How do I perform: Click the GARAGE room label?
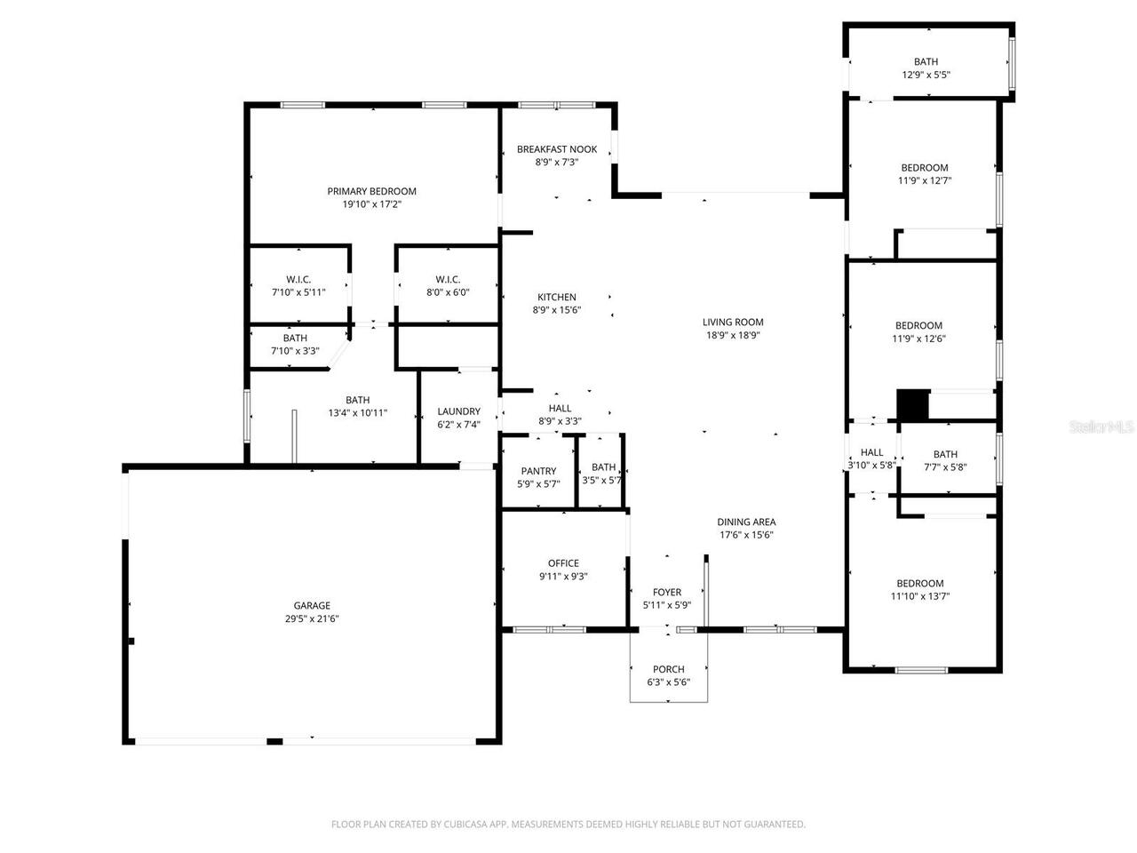click(312, 606)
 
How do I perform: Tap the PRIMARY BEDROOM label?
click(371, 191)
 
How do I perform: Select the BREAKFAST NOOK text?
click(557, 149)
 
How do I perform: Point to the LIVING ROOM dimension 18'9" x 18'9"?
click(733, 335)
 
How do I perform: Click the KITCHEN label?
click(557, 297)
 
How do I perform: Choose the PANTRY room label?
click(538, 471)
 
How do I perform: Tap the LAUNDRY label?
click(458, 411)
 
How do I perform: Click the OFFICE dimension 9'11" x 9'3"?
click(563, 576)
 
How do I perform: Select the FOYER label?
click(667, 592)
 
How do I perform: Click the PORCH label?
click(668, 669)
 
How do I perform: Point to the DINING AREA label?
click(746, 522)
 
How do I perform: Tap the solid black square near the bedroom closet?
click(911, 405)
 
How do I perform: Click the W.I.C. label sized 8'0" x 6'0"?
click(448, 279)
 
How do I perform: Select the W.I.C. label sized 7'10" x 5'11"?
click(298, 279)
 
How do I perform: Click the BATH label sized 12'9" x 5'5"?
click(926, 62)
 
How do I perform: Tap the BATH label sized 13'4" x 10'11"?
click(357, 400)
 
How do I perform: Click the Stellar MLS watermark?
click(1101, 426)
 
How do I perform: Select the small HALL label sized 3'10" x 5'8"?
click(871, 452)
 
